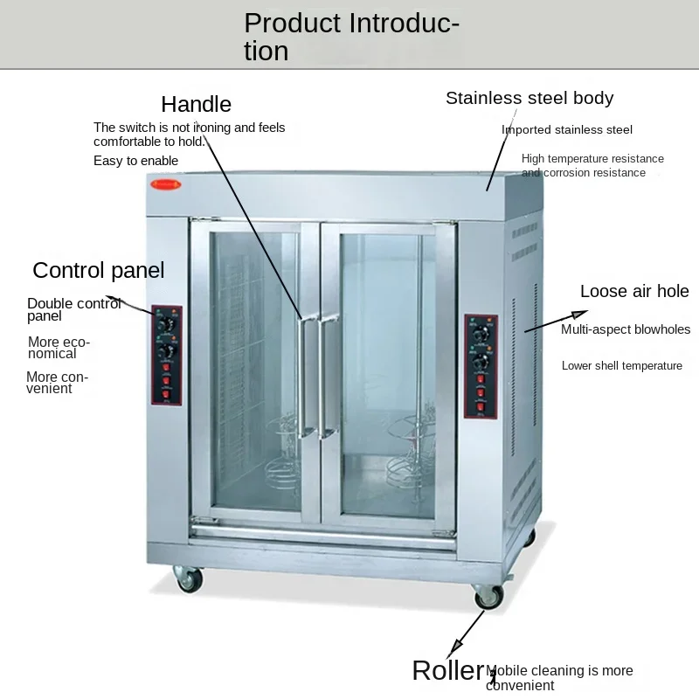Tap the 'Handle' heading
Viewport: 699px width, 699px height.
tap(197, 105)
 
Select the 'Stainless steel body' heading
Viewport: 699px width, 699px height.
tap(529, 98)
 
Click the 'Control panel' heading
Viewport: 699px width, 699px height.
tap(98, 270)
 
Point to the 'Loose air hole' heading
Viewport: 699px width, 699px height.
tap(634, 292)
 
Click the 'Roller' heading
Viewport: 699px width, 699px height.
tap(447, 671)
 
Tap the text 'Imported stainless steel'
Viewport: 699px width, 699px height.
tap(566, 130)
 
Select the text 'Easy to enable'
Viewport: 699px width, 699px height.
tap(135, 161)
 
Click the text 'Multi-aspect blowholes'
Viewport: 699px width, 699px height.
tap(626, 330)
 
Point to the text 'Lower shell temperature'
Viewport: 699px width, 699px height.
tap(621, 366)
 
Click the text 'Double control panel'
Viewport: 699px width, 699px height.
tap(74, 310)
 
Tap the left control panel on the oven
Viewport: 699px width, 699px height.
tap(167, 356)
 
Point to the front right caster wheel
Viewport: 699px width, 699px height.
tap(488, 596)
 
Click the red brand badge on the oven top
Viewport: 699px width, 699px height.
tap(165, 185)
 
